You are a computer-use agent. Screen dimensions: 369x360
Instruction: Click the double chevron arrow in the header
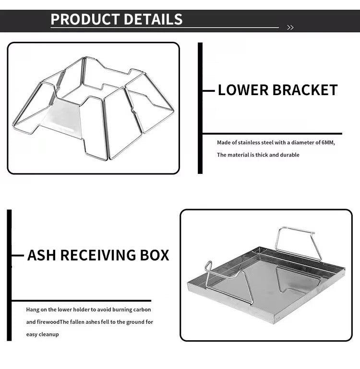click(x=290, y=27)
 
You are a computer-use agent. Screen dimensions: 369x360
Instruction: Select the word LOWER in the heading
click(x=244, y=90)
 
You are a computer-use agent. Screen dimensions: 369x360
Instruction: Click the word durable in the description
click(x=289, y=155)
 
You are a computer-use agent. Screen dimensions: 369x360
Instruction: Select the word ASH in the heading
click(x=41, y=255)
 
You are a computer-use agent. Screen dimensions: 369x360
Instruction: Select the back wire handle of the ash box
click(x=298, y=240)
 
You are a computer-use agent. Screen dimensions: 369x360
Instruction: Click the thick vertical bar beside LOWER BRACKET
click(x=200, y=108)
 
